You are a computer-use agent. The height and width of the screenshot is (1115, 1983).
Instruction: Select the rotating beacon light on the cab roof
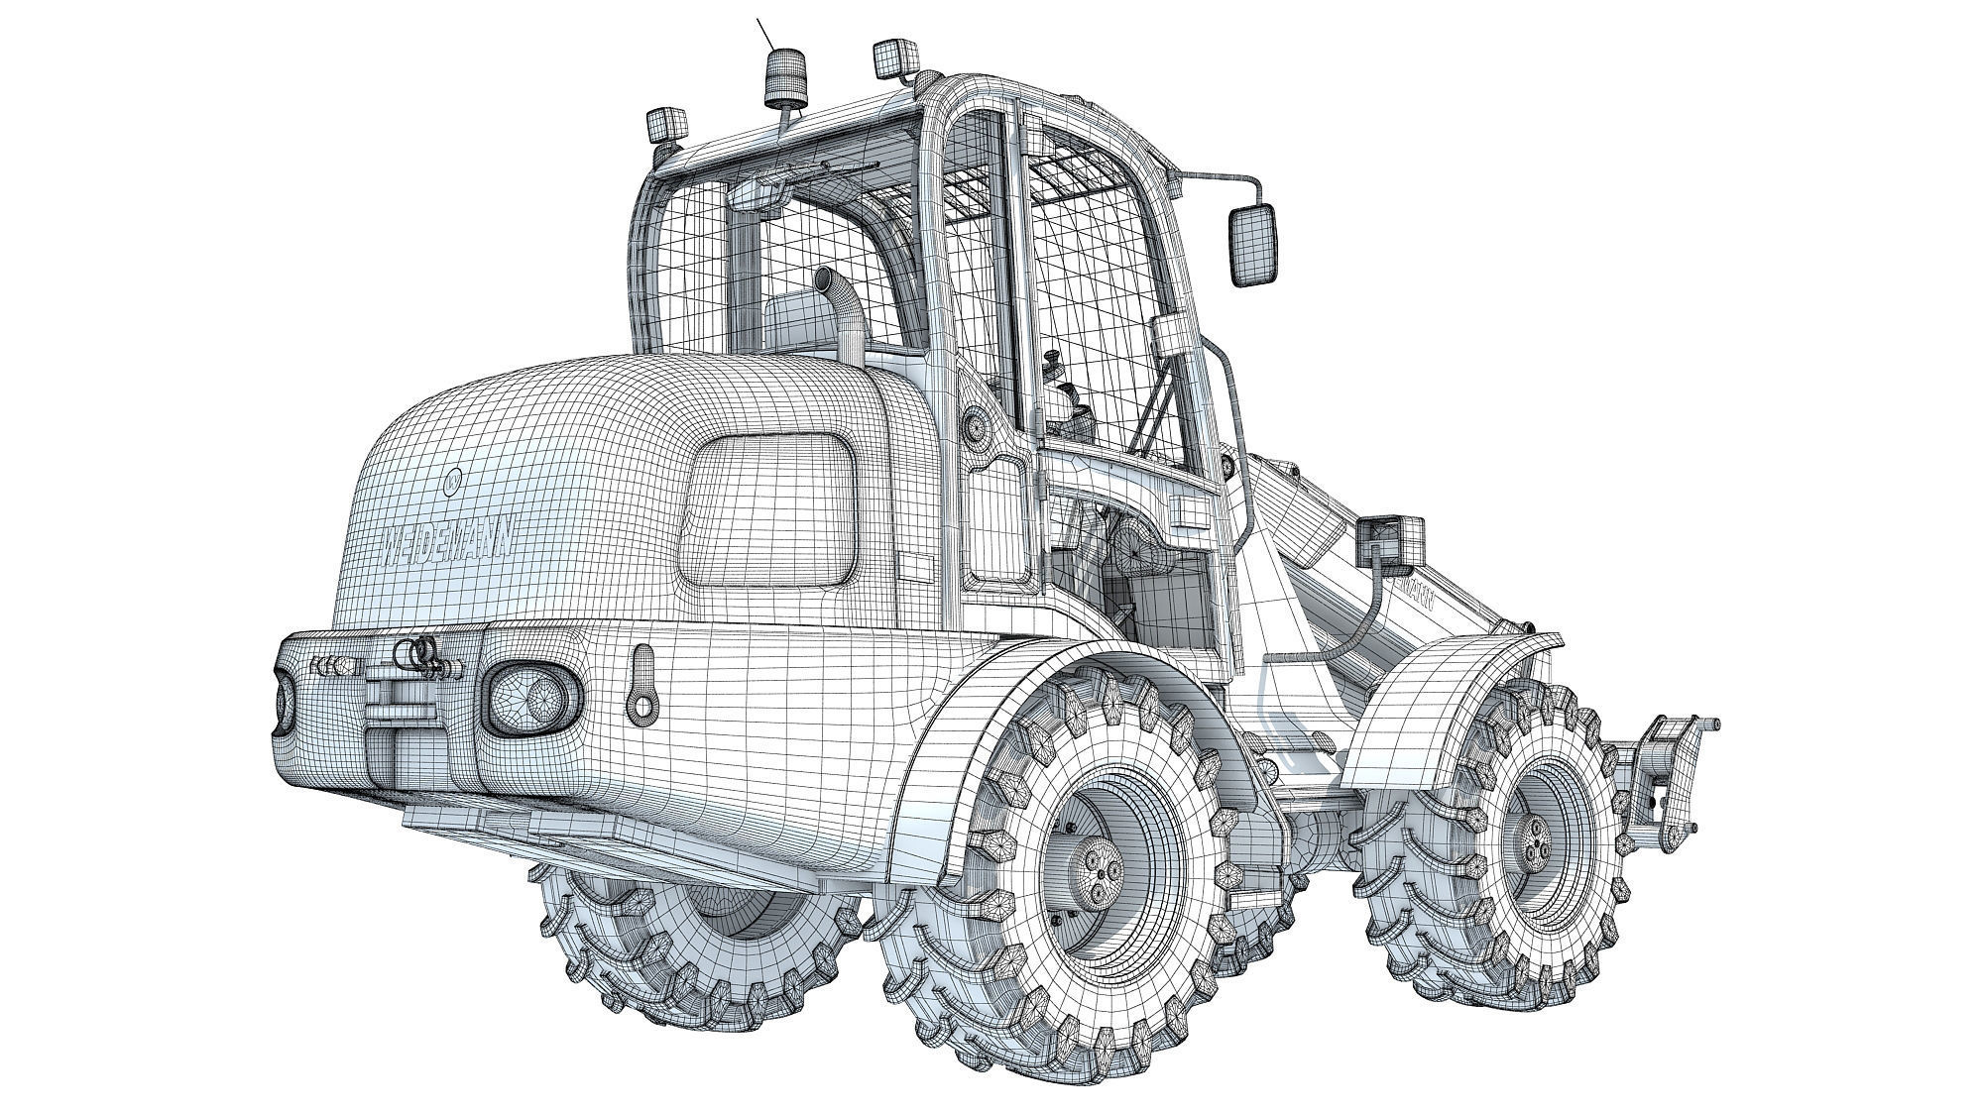coord(779,79)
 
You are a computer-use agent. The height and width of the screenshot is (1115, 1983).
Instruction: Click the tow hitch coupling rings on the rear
coord(415,655)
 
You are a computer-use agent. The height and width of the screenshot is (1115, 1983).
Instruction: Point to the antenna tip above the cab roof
coord(758,20)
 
